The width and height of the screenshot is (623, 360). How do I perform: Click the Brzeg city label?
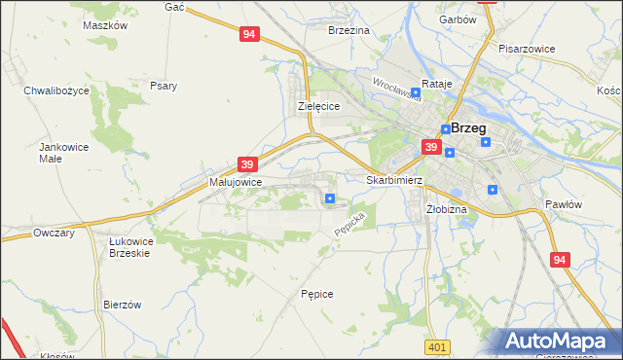[x=468, y=127]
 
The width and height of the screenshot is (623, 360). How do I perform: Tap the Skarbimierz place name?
[x=393, y=180]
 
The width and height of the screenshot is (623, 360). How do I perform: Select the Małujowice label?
[x=233, y=182]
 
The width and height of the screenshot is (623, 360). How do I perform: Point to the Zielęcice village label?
[x=317, y=107]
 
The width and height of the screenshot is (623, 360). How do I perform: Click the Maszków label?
[x=106, y=25]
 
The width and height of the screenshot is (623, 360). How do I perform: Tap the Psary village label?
[x=163, y=86]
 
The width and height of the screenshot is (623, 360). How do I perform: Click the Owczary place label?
[x=54, y=233]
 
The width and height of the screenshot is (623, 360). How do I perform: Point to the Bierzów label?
[x=123, y=305]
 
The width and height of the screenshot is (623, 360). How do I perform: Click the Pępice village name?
[x=317, y=293]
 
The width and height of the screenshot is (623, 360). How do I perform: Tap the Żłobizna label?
[x=447, y=209]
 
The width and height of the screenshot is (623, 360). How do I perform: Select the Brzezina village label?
[x=349, y=31]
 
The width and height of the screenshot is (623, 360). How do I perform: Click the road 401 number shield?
[x=437, y=346]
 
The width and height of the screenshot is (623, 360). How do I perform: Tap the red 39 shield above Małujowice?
[x=247, y=164]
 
